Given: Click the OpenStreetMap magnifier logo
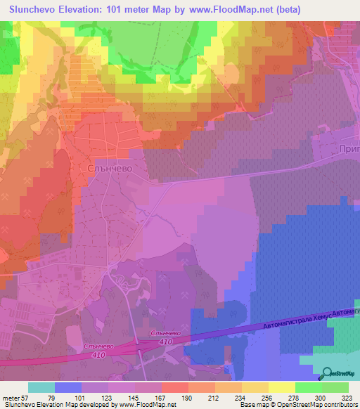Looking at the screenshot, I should click(x=327, y=375).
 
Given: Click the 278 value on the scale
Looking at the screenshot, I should click(x=296, y=398).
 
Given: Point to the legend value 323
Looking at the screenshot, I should click(x=348, y=398).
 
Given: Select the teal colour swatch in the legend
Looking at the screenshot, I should click(x=41, y=387).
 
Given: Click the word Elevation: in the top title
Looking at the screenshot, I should click(x=85, y=10).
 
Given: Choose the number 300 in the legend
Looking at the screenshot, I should click(x=322, y=398).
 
